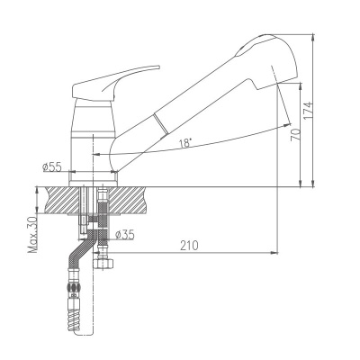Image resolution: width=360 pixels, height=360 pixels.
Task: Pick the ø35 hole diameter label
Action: pos(126,236)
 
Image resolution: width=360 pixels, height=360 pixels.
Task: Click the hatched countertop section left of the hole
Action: pos(59,200)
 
